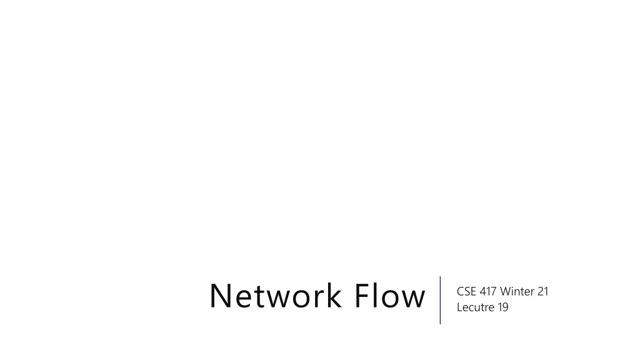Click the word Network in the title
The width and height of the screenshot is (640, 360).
pyautogui.click(x=276, y=295)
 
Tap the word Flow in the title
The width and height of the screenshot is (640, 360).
pyautogui.click(x=390, y=295)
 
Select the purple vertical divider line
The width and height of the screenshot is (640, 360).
pyautogui.click(x=440, y=300)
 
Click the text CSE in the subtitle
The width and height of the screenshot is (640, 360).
pyautogui.click(x=466, y=291)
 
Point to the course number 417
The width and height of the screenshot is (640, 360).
pyautogui.click(x=488, y=291)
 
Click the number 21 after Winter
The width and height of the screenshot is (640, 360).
pyautogui.click(x=543, y=291)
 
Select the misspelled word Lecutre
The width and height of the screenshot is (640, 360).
pyautogui.click(x=476, y=307)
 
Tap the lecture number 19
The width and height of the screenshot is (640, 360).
pyautogui.click(x=503, y=307)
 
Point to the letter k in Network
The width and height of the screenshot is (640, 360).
pyautogui.click(x=333, y=295)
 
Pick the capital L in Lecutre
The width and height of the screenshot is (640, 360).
pyautogui.click(x=459, y=307)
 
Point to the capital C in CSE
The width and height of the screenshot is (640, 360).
pyautogui.click(x=461, y=291)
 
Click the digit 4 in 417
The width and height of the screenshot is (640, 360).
pyautogui.click(x=483, y=291)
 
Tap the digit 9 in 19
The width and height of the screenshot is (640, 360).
pyautogui.click(x=505, y=307)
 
